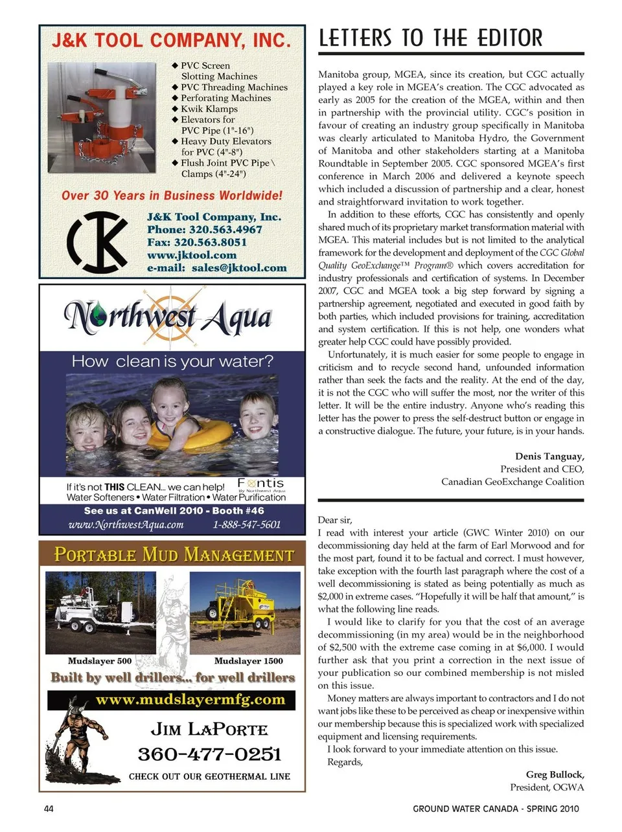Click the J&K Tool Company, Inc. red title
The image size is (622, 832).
click(170, 41)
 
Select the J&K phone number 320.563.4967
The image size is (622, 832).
click(205, 229)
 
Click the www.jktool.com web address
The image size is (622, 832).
click(192, 255)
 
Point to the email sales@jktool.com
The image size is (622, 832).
click(216, 267)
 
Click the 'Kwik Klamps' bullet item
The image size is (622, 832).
click(209, 109)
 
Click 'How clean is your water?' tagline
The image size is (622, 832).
click(172, 361)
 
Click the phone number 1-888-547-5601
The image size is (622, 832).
click(247, 524)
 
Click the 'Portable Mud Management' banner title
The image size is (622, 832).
click(174, 555)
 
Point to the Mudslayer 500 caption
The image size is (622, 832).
click(100, 661)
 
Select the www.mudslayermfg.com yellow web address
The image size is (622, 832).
click(190, 700)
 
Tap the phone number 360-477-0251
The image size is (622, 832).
click(209, 754)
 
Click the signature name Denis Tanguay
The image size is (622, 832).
click(549, 456)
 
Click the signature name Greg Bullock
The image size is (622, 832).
click(555, 774)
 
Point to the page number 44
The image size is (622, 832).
click(49, 809)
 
